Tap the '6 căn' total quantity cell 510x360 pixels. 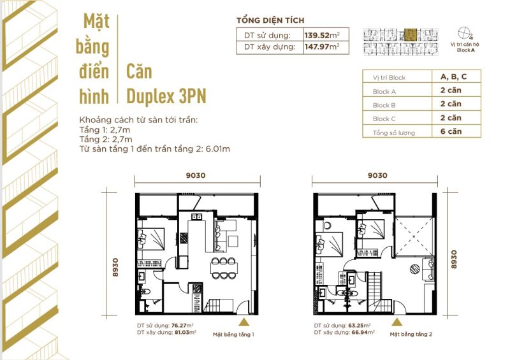coord(451,131)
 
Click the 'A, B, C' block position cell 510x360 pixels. coord(453,76)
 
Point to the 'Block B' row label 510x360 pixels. coord(384,105)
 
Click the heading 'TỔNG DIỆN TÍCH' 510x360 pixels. coord(270,20)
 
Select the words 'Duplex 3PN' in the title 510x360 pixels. coord(166,96)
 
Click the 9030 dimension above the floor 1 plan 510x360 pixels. coord(196,175)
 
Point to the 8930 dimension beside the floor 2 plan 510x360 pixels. coord(454,259)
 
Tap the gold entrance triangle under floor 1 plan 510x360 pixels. coord(244,322)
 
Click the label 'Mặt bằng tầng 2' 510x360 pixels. coord(411,334)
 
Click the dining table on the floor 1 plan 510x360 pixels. coord(224,268)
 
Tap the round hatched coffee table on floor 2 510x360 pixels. coord(414,269)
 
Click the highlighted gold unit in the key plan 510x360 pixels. coord(411,34)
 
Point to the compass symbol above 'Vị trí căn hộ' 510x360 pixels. coord(464,33)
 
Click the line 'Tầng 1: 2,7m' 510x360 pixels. coord(105,130)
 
